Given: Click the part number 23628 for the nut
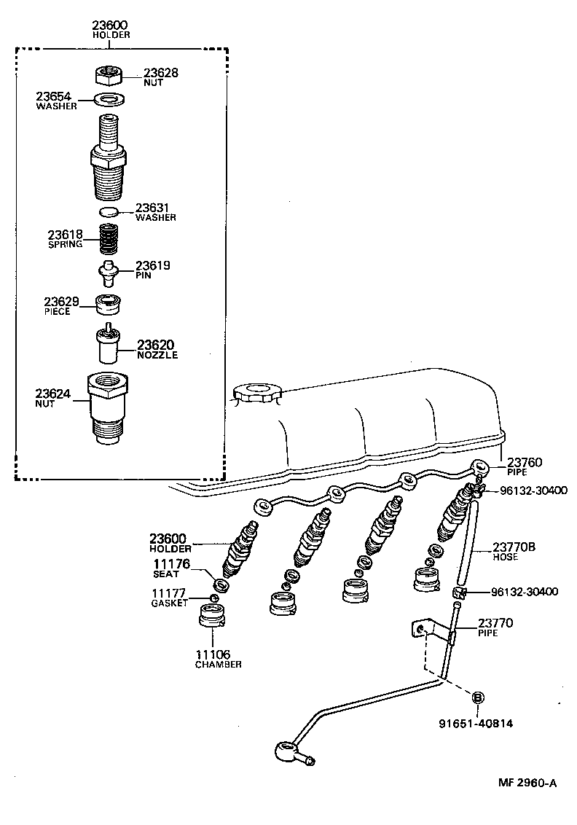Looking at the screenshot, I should click(160, 73).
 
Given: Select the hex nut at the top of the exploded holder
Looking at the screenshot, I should click(108, 74).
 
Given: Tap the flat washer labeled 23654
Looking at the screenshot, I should click(109, 99).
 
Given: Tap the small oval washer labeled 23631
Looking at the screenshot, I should click(108, 211).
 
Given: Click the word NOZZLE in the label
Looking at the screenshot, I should click(157, 355).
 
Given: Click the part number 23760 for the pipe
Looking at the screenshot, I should click(525, 462).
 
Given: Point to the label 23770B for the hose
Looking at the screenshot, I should click(515, 547).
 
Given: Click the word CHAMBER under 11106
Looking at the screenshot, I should click(218, 664).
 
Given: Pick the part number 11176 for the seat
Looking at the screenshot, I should click(171, 563).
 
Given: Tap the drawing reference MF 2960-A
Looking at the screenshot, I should click(527, 783).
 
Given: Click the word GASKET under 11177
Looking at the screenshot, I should click(170, 603).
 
